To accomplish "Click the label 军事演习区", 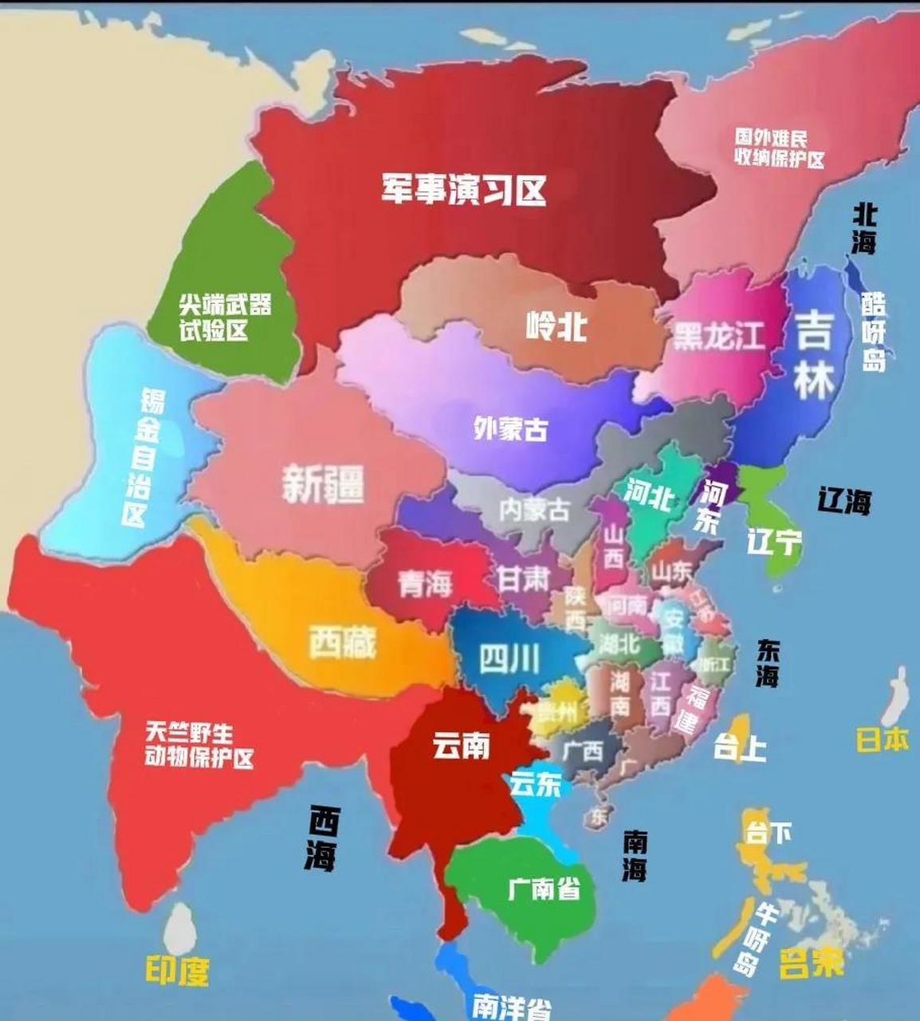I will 463,190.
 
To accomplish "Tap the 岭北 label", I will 556,325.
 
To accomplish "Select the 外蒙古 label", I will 510,429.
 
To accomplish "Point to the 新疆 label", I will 323,484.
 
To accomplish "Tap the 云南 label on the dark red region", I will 461,747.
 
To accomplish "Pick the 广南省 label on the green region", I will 544,887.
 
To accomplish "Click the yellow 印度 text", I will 177,970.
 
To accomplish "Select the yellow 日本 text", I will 882,739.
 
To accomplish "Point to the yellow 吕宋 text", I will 811,964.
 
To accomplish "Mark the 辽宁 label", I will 773,542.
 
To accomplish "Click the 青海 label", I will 425,585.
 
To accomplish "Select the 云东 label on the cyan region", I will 536,784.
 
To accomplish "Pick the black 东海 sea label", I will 767,663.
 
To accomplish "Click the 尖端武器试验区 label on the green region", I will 224,317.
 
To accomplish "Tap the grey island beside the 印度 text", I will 180,928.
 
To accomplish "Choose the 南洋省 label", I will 510,1006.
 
